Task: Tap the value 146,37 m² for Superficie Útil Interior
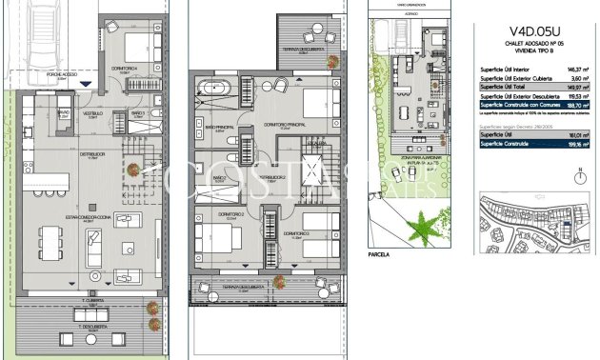(x=575, y=69)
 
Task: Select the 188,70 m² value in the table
(x=574, y=104)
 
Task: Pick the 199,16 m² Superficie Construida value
(x=574, y=143)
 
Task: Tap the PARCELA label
(x=378, y=255)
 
